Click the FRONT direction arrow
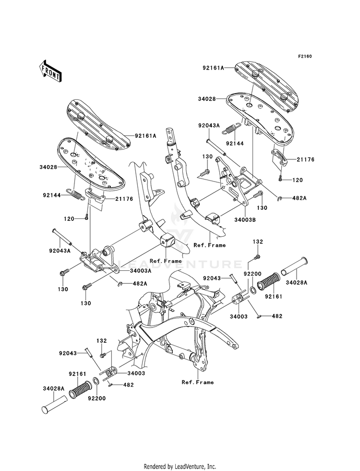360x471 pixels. point(50,71)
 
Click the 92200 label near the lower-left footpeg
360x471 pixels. point(96,399)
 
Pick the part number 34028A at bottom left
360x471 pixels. point(54,388)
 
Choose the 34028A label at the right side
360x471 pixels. point(297,282)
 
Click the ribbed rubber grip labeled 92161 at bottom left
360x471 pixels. point(80,389)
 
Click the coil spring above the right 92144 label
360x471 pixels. point(233,129)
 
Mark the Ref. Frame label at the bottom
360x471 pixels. point(198,382)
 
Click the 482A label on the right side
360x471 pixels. point(290,198)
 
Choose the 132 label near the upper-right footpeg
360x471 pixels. point(258,242)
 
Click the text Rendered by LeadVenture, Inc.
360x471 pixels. point(180,466)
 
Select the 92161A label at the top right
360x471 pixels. point(213,68)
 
